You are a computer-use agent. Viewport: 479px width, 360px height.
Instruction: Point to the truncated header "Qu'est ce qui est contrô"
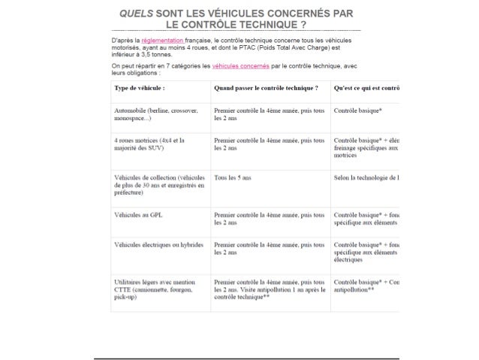click(x=366, y=88)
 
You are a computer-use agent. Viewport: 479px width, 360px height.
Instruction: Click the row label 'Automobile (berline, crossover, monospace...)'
click(x=155, y=114)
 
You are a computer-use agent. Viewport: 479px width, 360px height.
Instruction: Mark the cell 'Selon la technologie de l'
click(x=366, y=177)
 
